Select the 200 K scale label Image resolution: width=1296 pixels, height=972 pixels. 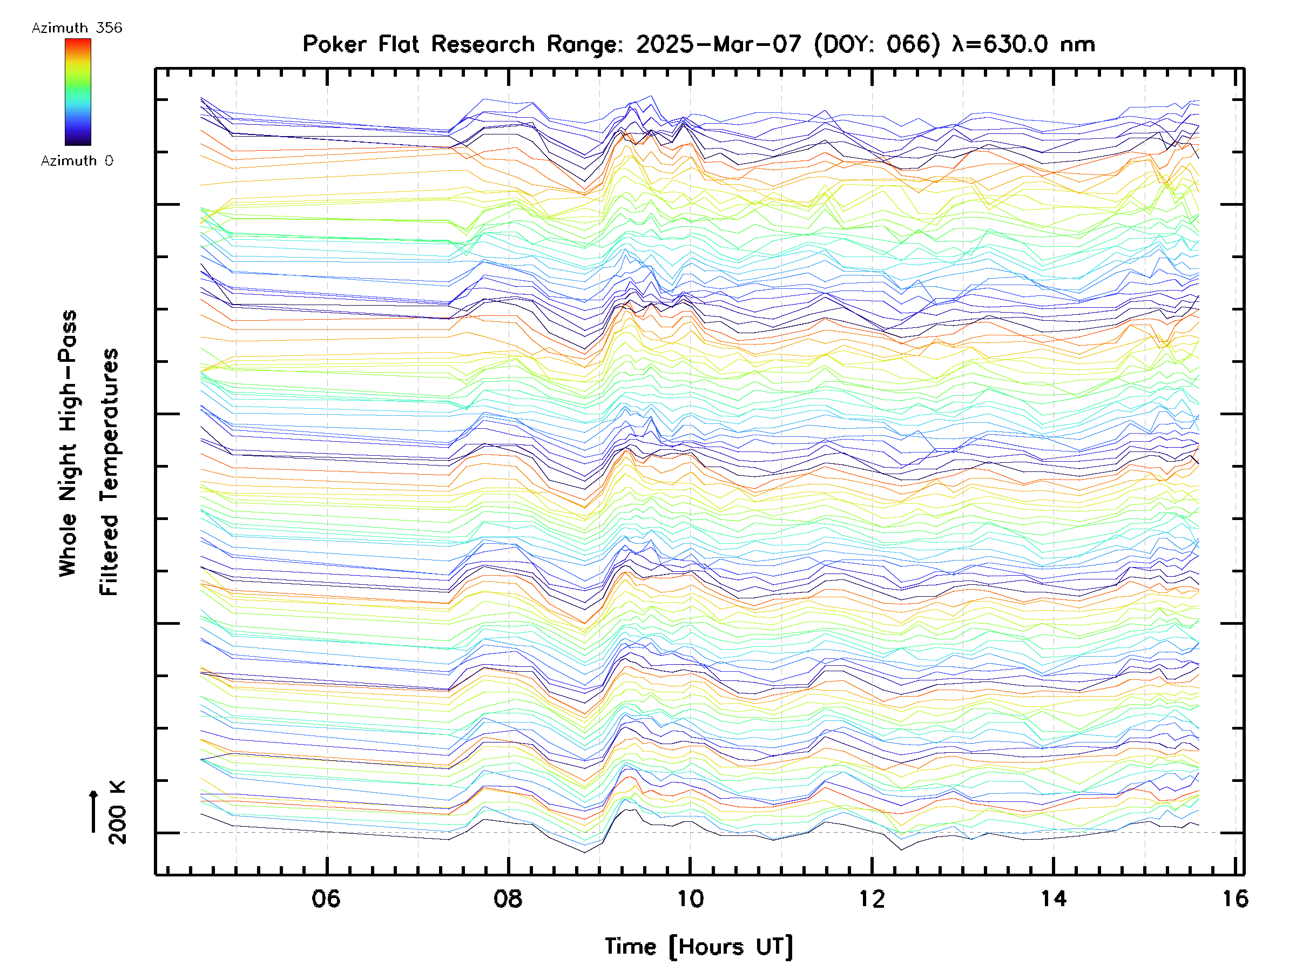coord(118,813)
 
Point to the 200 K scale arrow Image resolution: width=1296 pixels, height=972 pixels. coord(94,812)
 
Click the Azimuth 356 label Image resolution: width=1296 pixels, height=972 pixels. coord(77,28)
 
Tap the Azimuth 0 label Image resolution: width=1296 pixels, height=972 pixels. coord(77,160)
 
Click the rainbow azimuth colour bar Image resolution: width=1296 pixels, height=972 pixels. coord(78,92)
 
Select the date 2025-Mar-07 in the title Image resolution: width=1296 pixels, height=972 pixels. coord(718,44)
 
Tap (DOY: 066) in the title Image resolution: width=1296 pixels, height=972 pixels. coord(877,44)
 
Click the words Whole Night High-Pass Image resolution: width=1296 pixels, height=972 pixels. coord(68,443)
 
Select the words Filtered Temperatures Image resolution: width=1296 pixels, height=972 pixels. coord(109,473)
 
